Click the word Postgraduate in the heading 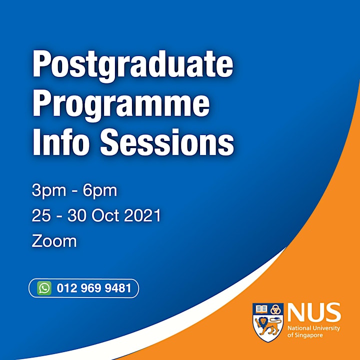133,65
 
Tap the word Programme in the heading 121,105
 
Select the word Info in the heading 61,142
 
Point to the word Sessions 167,142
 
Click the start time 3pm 49,191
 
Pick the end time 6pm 100,191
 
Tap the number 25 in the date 41,215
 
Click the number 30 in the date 77,215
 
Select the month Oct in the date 105,215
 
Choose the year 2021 142,215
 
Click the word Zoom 54,241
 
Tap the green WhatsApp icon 44,288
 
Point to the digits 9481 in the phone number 118,288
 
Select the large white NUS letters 314,312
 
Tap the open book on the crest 261,309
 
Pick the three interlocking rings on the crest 275,309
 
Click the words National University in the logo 313,328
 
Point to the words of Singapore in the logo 305,335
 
